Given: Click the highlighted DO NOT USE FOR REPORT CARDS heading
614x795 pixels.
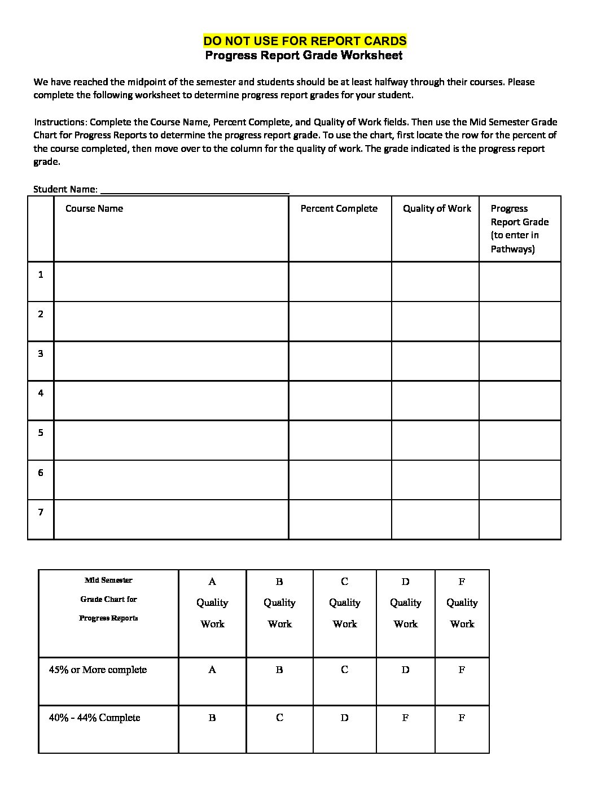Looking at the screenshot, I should [x=304, y=41].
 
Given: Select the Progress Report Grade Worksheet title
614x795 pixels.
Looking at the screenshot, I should [x=304, y=55].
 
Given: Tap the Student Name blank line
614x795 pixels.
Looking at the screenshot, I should [x=194, y=190].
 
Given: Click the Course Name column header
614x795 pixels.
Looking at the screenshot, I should [x=94, y=208].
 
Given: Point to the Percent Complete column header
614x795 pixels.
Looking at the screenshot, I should [x=339, y=208].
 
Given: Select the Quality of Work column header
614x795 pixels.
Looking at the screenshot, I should [x=436, y=208].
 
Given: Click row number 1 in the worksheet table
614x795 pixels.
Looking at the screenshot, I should [x=41, y=275].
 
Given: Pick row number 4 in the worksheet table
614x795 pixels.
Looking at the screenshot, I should [x=41, y=393].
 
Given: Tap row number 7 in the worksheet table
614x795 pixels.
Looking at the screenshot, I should [x=41, y=512].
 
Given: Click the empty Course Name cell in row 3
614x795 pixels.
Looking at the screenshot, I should [x=171, y=361].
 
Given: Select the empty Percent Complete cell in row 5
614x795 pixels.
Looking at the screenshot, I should [x=340, y=440].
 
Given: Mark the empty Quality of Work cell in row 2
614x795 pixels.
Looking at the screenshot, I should [x=435, y=321].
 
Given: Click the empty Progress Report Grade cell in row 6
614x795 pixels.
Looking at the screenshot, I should [x=520, y=480].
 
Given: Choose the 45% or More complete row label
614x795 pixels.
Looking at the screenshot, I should [x=98, y=670].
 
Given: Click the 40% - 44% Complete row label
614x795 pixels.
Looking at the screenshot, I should [x=94, y=718].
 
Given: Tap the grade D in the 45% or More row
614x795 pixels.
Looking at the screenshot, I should [x=405, y=670].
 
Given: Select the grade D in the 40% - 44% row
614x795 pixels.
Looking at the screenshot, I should [x=344, y=718].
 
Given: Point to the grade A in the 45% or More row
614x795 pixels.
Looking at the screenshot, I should [x=212, y=670].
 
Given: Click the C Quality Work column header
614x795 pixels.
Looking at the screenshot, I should [x=344, y=602].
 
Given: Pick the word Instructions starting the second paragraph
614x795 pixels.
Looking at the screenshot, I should [x=59, y=122].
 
